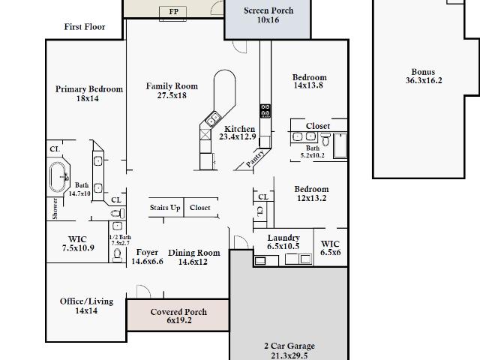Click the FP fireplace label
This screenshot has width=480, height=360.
tap(173, 12)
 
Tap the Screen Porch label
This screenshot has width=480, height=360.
tap(268, 10)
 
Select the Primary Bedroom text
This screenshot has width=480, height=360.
tap(89, 89)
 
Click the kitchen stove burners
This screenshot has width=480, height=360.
tap(265, 111)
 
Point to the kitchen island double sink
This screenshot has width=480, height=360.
tap(213, 118)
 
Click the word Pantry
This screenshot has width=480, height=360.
tap(255, 158)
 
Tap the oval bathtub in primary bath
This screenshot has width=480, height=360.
tap(58, 177)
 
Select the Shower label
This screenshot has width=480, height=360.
tap(55, 208)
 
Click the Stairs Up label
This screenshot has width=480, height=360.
tap(165, 208)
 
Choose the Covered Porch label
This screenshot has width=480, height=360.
tap(178, 312)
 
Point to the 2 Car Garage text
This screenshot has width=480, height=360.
tap(289, 346)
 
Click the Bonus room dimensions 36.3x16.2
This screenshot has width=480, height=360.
tap(424, 80)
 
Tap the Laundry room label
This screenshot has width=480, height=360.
tap(283, 238)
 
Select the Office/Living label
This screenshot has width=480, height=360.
tap(87, 301)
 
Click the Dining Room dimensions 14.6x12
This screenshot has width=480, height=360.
tap(193, 262)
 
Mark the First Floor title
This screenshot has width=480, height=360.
tap(85, 27)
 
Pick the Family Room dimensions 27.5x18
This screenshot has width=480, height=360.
tap(172, 95)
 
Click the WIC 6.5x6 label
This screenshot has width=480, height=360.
tap(330, 248)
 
